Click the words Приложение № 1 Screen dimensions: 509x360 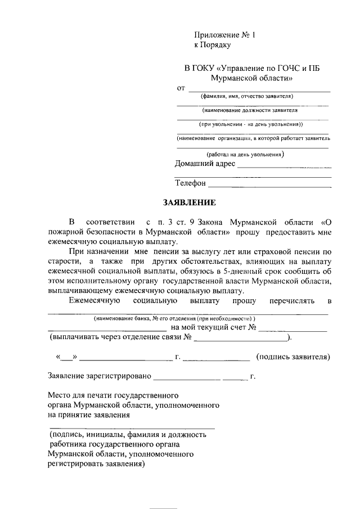(x=224, y=35)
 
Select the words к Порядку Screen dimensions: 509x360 (x=213, y=44)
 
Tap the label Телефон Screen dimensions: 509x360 (x=191, y=183)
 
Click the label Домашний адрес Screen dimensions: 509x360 (x=205, y=164)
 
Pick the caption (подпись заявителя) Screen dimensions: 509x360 (x=292, y=357)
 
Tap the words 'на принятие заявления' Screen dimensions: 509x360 (x=89, y=415)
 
